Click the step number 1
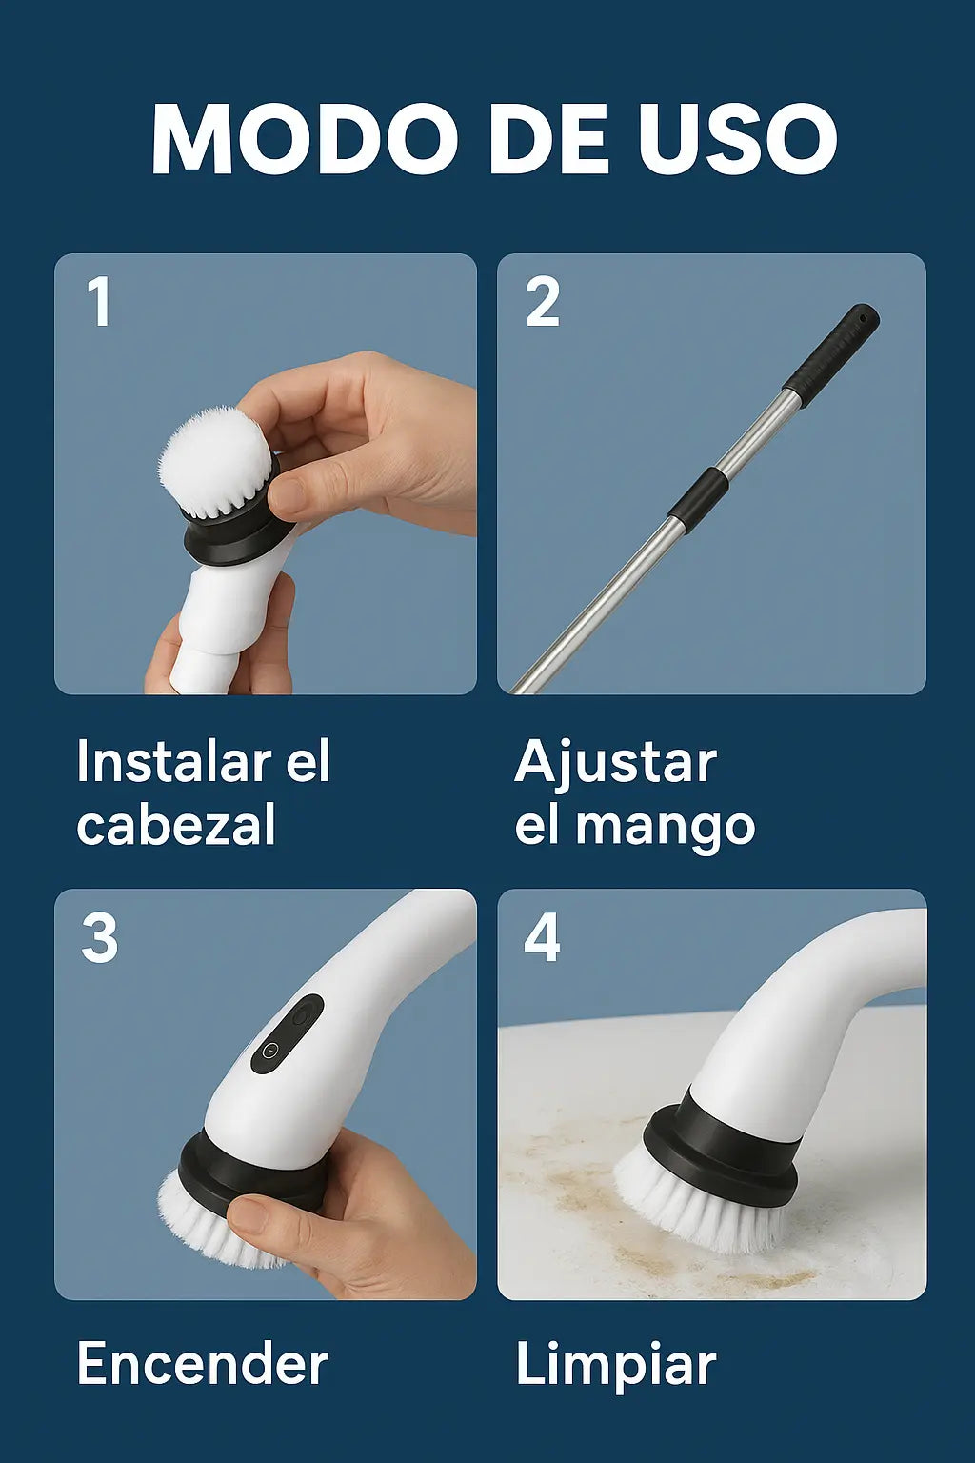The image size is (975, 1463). [x=99, y=301]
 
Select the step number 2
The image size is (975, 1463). [x=542, y=301]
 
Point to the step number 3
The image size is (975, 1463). [x=99, y=938]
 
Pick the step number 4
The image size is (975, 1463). [x=542, y=938]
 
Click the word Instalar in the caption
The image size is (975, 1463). [x=173, y=761]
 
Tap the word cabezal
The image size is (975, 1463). [x=176, y=824]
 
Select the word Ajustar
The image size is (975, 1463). [x=616, y=764]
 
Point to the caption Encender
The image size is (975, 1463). [x=203, y=1362]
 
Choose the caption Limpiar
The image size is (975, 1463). [x=616, y=1365]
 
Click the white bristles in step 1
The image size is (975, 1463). [x=215, y=461]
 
